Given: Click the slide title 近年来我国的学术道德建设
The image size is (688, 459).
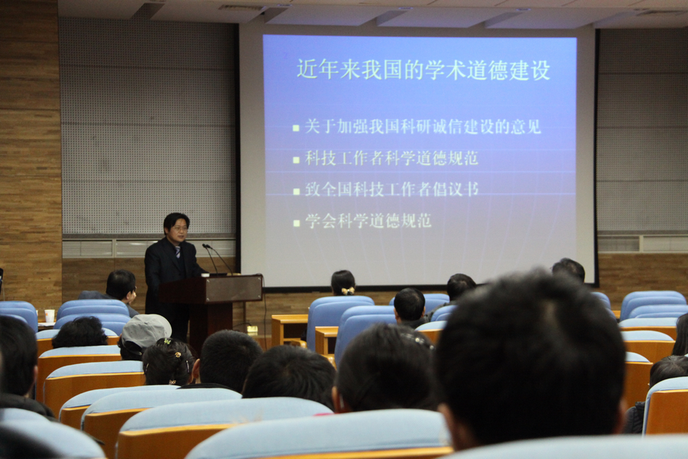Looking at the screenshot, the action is click(424, 70).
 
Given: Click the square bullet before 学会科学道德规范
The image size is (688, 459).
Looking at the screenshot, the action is click(296, 223).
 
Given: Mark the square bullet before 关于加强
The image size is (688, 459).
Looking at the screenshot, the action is click(296, 129).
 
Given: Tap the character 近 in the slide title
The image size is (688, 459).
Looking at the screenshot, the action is click(307, 70).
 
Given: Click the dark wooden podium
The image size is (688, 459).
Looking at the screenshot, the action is click(212, 308).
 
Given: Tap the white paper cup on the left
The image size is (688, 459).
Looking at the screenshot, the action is click(50, 315).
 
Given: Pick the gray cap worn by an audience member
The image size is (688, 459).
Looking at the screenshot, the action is click(146, 330).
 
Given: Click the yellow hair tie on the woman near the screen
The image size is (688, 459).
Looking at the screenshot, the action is click(349, 291).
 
